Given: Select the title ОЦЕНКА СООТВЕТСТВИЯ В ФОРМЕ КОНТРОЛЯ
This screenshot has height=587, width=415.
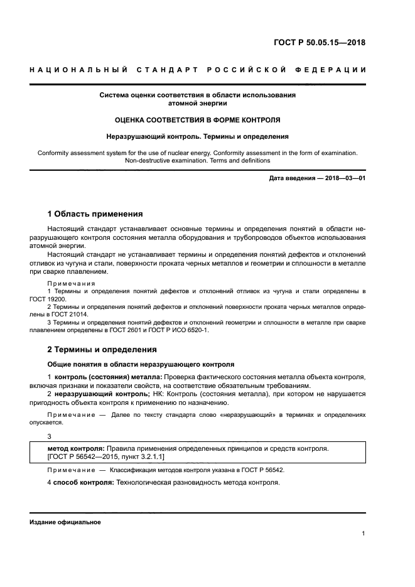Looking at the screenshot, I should coord(198,119).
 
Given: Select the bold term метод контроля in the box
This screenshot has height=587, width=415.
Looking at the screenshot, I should coord(76,449).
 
